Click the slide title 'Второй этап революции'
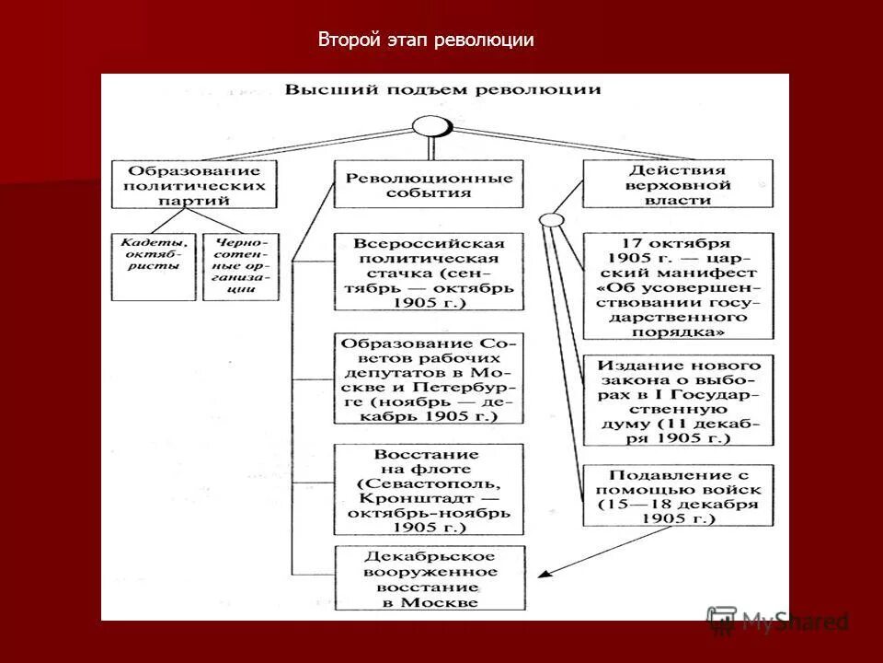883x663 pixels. [x=426, y=41]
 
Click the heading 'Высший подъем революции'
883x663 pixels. [x=442, y=89]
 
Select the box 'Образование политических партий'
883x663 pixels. [x=193, y=185]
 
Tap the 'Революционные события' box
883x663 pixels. [x=429, y=185]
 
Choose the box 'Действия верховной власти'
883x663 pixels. [x=678, y=185]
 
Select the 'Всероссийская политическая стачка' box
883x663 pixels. [x=429, y=273]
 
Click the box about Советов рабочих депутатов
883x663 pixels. [x=429, y=378]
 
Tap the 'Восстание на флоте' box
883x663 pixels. [x=429, y=491]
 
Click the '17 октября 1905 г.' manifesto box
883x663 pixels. [x=678, y=286]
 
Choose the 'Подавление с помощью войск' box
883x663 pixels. [x=678, y=494]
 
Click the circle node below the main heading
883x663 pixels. [x=430, y=125]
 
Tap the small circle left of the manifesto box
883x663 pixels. [x=550, y=220]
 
